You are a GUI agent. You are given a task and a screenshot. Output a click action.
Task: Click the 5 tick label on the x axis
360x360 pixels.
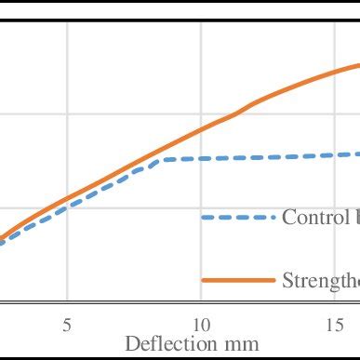(x=67, y=325)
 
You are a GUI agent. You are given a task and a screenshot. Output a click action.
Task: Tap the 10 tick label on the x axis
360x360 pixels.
(x=201, y=325)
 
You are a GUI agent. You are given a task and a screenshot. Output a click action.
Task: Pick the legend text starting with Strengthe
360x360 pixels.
(x=320, y=280)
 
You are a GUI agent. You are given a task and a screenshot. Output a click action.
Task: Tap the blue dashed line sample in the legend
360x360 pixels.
(x=238, y=218)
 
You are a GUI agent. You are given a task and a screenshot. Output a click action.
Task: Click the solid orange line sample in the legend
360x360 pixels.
(x=238, y=280)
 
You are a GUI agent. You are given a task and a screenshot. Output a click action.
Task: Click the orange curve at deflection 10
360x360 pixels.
(x=201, y=131)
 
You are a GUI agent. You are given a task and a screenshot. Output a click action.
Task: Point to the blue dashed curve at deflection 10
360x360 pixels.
(x=201, y=159)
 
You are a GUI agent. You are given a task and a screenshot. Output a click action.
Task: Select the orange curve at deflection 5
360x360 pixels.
(x=67, y=199)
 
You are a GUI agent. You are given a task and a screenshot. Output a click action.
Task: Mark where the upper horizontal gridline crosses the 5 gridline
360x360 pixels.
(x=67, y=114)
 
